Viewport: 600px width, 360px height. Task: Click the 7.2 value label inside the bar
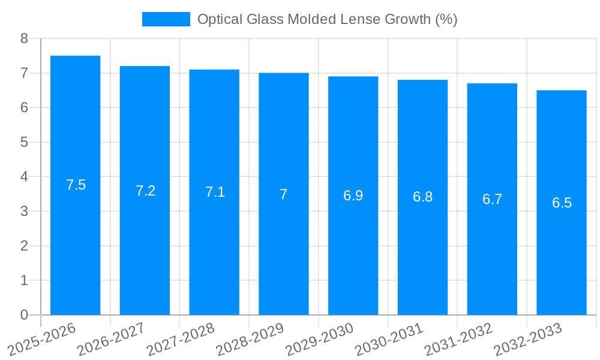tap(145, 191)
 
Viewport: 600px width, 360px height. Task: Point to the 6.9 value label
tap(353, 196)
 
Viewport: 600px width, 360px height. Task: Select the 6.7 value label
tap(492, 199)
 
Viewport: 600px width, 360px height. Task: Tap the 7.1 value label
tap(215, 192)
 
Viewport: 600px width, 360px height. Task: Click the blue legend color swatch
tap(166, 19)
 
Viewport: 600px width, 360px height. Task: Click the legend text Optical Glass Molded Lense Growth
tap(327, 19)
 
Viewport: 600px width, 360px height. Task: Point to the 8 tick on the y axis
tap(24, 38)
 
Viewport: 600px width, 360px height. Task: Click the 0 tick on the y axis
tap(24, 315)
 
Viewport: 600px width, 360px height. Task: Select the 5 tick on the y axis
tap(24, 142)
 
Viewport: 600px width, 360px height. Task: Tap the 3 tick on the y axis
tap(24, 211)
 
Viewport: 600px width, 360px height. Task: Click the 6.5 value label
tap(562, 203)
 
